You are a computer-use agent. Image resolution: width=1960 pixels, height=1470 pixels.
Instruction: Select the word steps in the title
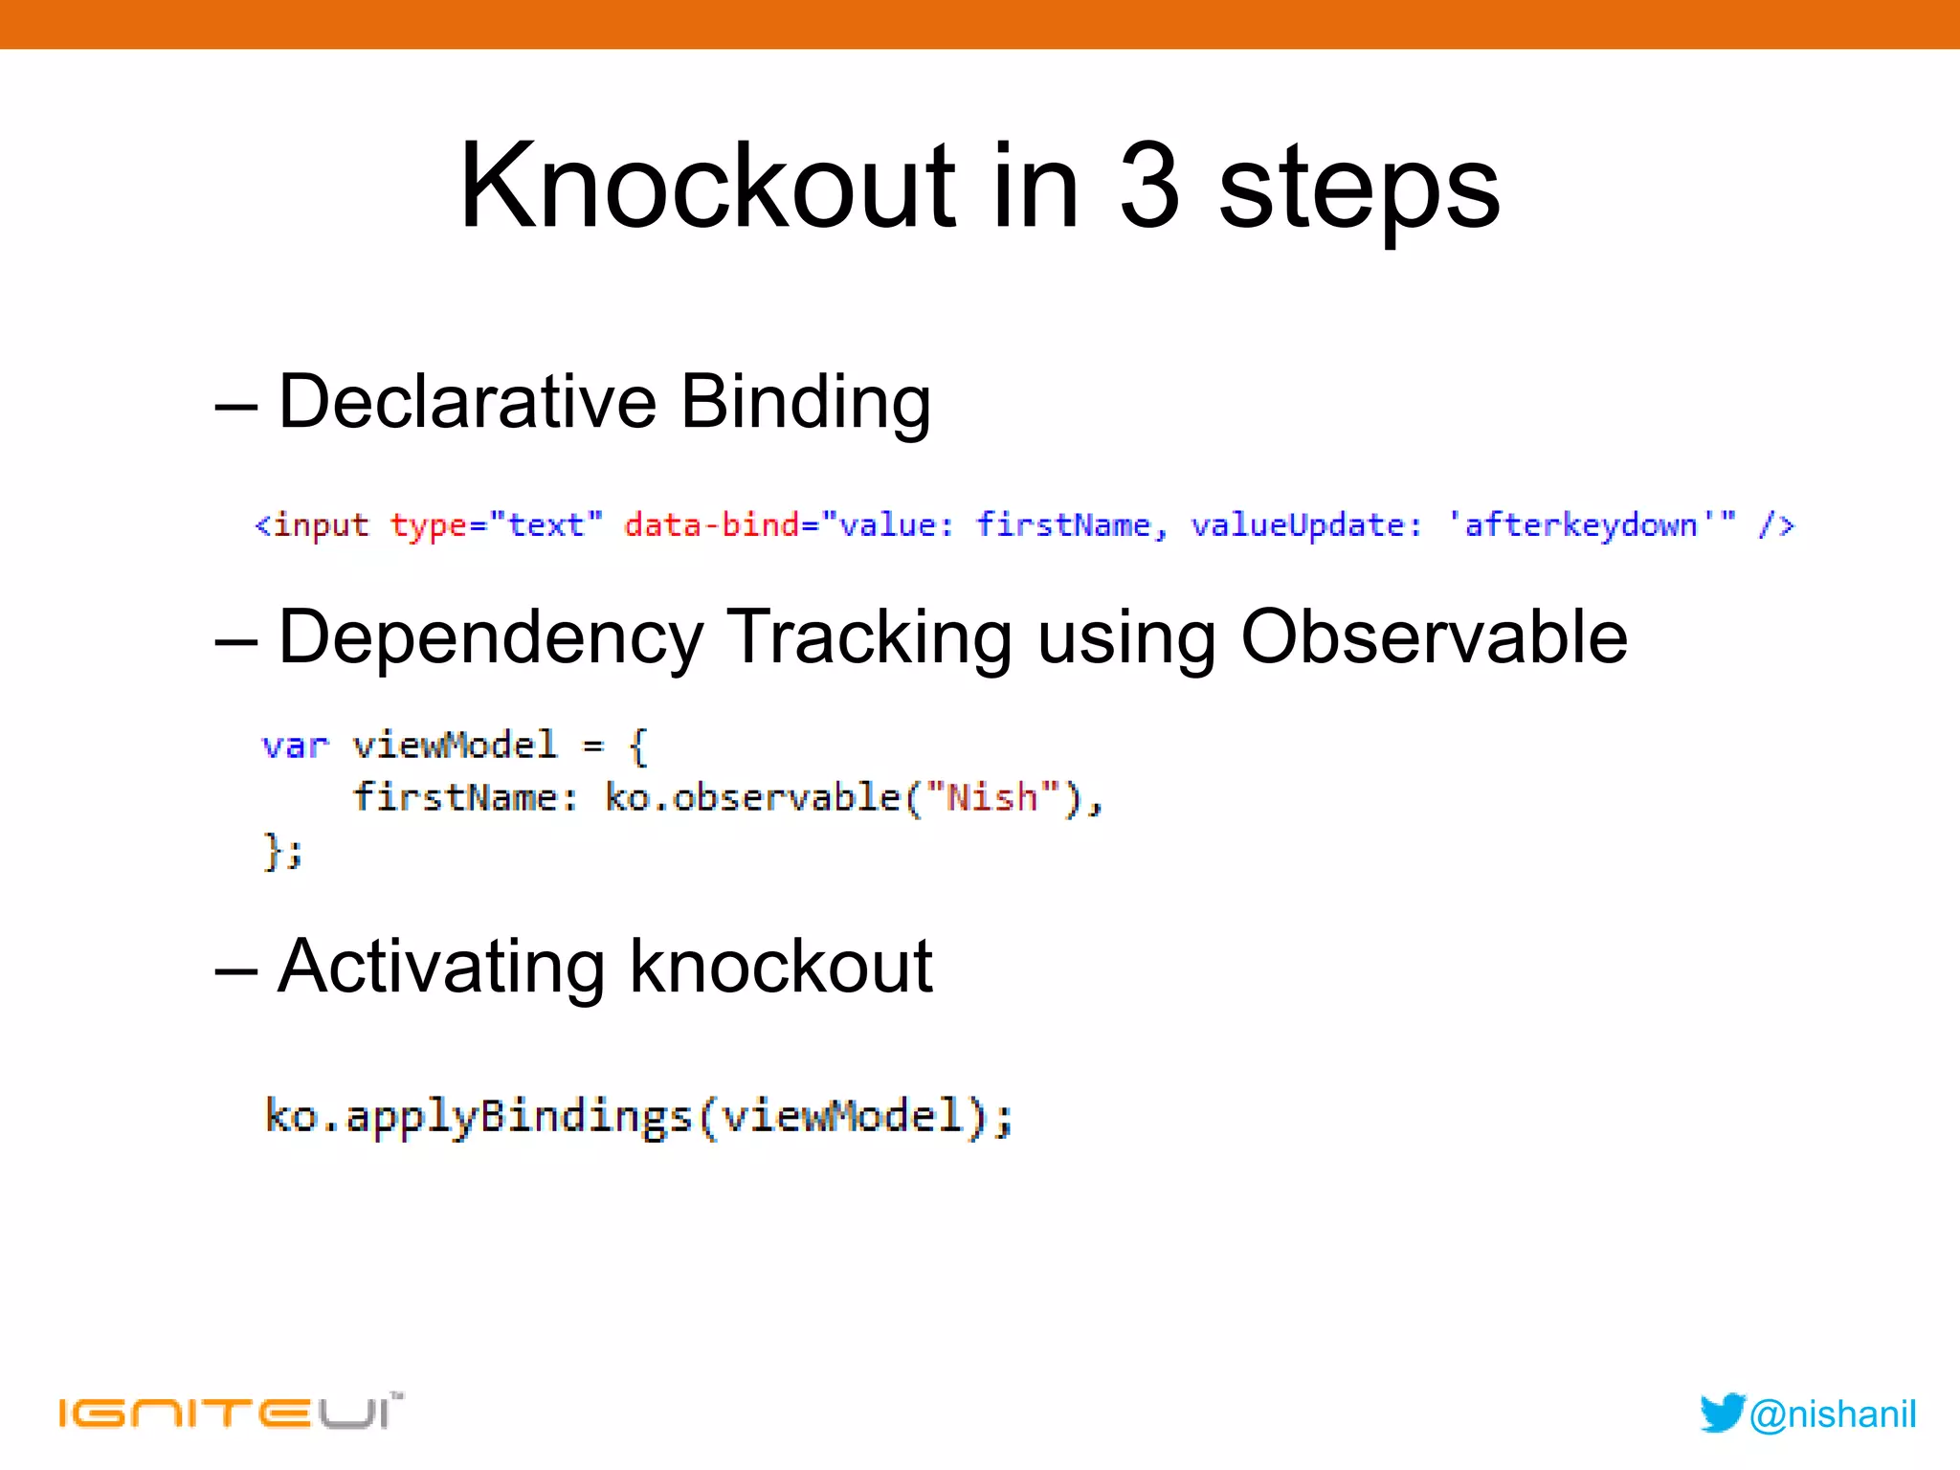point(1359,191)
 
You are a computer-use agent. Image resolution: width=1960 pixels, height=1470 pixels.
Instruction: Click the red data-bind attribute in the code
point(711,524)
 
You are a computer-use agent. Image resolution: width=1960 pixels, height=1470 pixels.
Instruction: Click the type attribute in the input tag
point(428,525)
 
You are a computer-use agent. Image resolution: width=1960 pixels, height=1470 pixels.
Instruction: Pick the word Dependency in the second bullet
point(490,638)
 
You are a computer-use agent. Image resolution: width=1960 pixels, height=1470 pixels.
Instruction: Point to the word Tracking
point(869,638)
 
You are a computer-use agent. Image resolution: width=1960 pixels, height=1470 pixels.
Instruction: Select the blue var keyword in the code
point(294,746)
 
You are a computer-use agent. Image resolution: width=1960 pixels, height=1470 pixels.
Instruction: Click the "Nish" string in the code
point(991,797)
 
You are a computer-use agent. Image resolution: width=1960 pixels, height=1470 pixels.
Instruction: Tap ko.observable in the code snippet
point(752,797)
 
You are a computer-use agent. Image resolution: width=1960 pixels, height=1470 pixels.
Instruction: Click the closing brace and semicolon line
point(282,851)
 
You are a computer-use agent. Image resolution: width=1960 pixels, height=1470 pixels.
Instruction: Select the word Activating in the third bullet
point(440,968)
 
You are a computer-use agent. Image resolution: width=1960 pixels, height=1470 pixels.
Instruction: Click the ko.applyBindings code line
point(638,1116)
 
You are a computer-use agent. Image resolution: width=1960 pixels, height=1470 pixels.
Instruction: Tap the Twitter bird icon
point(1722,1413)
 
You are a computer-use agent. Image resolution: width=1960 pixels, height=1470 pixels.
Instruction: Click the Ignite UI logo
point(230,1412)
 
